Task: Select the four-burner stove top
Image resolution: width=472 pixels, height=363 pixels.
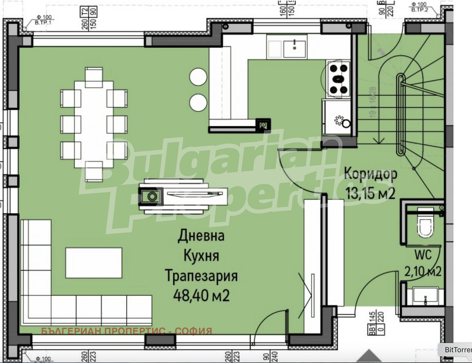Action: click(338, 79)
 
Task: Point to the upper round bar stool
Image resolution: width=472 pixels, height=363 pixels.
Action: click(198, 77)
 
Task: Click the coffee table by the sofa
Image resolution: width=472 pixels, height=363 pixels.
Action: click(94, 263)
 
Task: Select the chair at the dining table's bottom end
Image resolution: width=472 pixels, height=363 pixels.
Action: click(94, 172)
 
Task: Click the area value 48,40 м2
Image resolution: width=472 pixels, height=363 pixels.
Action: click(201, 296)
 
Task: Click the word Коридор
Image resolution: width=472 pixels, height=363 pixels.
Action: click(370, 174)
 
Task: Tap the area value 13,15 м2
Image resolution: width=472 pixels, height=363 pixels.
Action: click(370, 193)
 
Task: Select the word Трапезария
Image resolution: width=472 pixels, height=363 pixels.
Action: click(201, 276)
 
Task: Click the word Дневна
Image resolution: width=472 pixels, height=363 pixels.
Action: click(201, 235)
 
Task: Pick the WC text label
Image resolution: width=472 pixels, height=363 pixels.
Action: click(423, 255)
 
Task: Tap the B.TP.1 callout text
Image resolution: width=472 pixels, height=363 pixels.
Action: click(43, 23)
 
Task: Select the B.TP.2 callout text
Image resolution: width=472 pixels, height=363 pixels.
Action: click(420, 10)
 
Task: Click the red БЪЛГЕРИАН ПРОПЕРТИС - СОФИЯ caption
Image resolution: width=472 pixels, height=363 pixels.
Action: click(126, 331)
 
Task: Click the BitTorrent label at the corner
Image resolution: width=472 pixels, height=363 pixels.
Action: click(458, 349)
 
